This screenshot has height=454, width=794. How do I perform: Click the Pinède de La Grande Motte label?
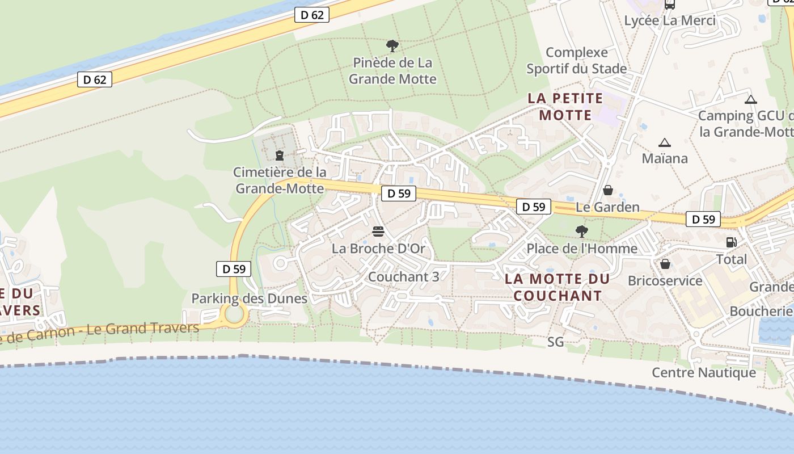point(392,70)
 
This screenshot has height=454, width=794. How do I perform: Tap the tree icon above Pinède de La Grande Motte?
point(392,46)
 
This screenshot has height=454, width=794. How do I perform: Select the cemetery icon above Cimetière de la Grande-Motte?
point(280,155)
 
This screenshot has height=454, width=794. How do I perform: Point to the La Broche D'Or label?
point(378,249)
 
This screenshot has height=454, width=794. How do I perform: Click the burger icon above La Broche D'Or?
point(378,232)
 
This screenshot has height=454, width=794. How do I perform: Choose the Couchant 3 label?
point(403,277)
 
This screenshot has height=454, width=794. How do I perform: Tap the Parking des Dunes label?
point(249,299)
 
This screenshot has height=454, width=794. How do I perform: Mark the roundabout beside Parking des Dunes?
point(234,313)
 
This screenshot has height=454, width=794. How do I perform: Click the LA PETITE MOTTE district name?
point(565,107)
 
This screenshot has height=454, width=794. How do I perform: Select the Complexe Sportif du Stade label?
point(576,61)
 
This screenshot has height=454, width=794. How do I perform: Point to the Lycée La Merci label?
point(670,21)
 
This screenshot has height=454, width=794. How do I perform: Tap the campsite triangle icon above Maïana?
point(664,142)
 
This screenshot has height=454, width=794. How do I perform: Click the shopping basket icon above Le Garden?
point(607,190)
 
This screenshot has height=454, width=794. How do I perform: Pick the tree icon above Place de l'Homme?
point(581,231)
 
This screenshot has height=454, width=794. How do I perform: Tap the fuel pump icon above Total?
point(731,242)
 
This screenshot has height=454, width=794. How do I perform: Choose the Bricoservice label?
point(665,281)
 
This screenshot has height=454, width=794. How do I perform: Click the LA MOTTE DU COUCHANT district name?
point(557,287)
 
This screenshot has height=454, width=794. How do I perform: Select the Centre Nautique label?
point(703,373)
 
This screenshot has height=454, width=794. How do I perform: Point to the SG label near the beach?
point(556,342)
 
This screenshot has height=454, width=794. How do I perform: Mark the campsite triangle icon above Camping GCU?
point(751,100)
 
